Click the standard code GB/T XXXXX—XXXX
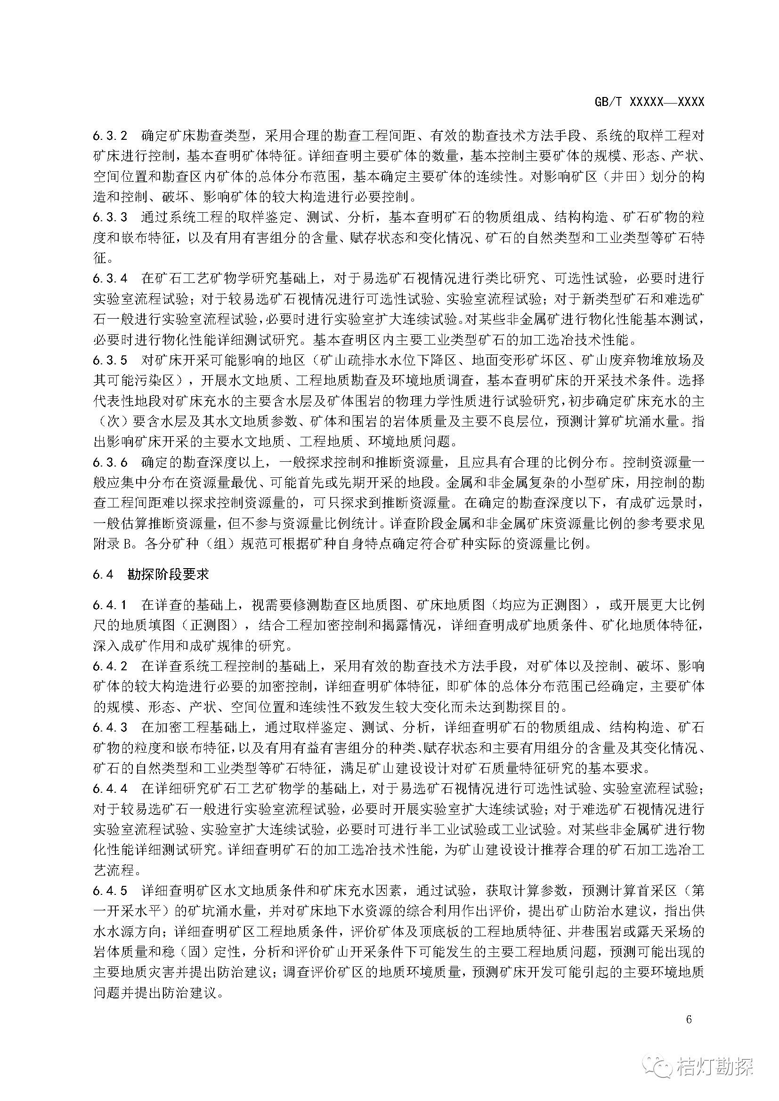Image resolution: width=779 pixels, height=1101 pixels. click(x=649, y=102)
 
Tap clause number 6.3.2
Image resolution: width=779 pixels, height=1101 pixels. click(x=110, y=136)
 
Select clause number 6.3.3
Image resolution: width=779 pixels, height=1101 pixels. click(x=110, y=217)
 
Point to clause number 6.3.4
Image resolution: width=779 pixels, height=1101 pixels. click(x=110, y=278)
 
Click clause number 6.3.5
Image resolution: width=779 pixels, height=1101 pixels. click(x=110, y=360)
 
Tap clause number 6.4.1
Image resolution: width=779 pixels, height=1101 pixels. click(x=110, y=605)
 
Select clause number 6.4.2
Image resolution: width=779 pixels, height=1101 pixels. click(x=110, y=666)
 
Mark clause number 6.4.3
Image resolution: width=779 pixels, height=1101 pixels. click(x=110, y=727)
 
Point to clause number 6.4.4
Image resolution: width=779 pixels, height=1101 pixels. click(x=110, y=789)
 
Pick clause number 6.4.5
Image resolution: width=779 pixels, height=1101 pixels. click(x=110, y=891)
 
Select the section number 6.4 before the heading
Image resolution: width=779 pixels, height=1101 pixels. click(x=104, y=574)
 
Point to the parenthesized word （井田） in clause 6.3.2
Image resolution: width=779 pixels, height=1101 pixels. click(x=618, y=177)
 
